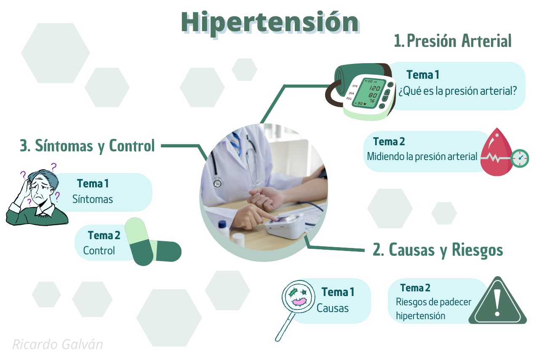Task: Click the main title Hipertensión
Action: pos(270,23)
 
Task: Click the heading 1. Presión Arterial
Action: pos(453,41)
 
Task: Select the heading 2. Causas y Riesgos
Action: pos(438,250)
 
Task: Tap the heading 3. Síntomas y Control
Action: pos(87,146)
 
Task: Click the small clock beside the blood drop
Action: pos(520,158)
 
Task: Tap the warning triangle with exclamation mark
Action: pos(497,300)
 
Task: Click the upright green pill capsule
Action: pos(139,241)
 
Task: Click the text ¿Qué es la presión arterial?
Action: pos(458,91)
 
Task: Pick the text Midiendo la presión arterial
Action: pos(422,156)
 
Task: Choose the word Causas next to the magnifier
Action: pos(333,308)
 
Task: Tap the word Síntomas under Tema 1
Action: pos(93,199)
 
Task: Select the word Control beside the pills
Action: pos(99,251)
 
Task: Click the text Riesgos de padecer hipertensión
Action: pos(434,309)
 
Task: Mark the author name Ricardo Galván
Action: pos(58,344)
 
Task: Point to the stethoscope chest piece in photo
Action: pos(218,183)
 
